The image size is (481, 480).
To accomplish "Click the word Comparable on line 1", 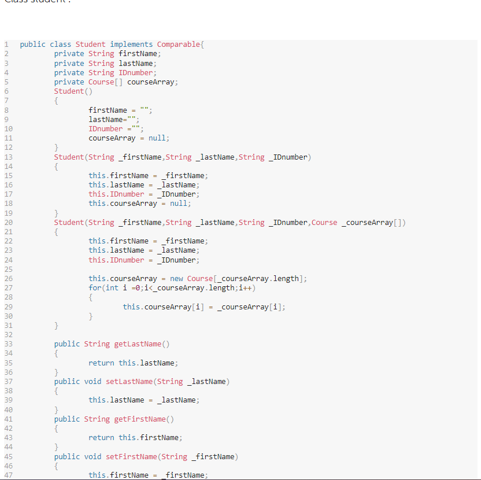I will [x=178, y=45].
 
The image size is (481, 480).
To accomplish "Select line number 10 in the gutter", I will [x=8, y=129].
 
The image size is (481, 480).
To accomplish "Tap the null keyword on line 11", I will [x=158, y=138].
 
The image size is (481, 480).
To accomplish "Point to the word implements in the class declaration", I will [x=131, y=45].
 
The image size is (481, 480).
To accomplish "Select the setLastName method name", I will [x=129, y=382].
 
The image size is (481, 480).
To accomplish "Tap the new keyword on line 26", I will [x=176, y=279].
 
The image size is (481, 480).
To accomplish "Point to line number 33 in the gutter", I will [x=8, y=344].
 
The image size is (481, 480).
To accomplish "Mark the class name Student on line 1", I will [x=90, y=45].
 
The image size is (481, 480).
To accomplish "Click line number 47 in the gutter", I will [x=8, y=475].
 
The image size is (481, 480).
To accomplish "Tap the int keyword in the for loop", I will [x=112, y=288].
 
